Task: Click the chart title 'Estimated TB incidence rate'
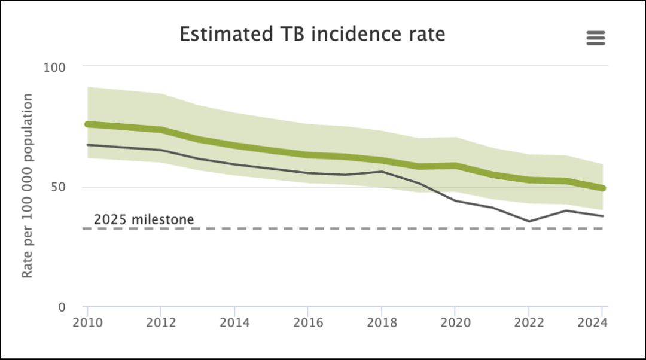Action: click(x=312, y=34)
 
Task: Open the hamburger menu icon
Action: click(x=596, y=38)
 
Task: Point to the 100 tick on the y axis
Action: click(x=56, y=66)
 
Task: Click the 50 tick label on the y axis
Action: click(x=59, y=187)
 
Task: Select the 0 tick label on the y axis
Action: click(x=62, y=307)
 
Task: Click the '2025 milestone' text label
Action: click(x=144, y=219)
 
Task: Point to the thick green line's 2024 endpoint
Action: click(x=602, y=188)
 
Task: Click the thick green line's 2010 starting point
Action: click(x=88, y=124)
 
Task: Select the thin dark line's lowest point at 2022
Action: click(x=528, y=221)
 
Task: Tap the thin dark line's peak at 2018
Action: click(x=381, y=172)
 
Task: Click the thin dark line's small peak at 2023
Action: click(x=565, y=210)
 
